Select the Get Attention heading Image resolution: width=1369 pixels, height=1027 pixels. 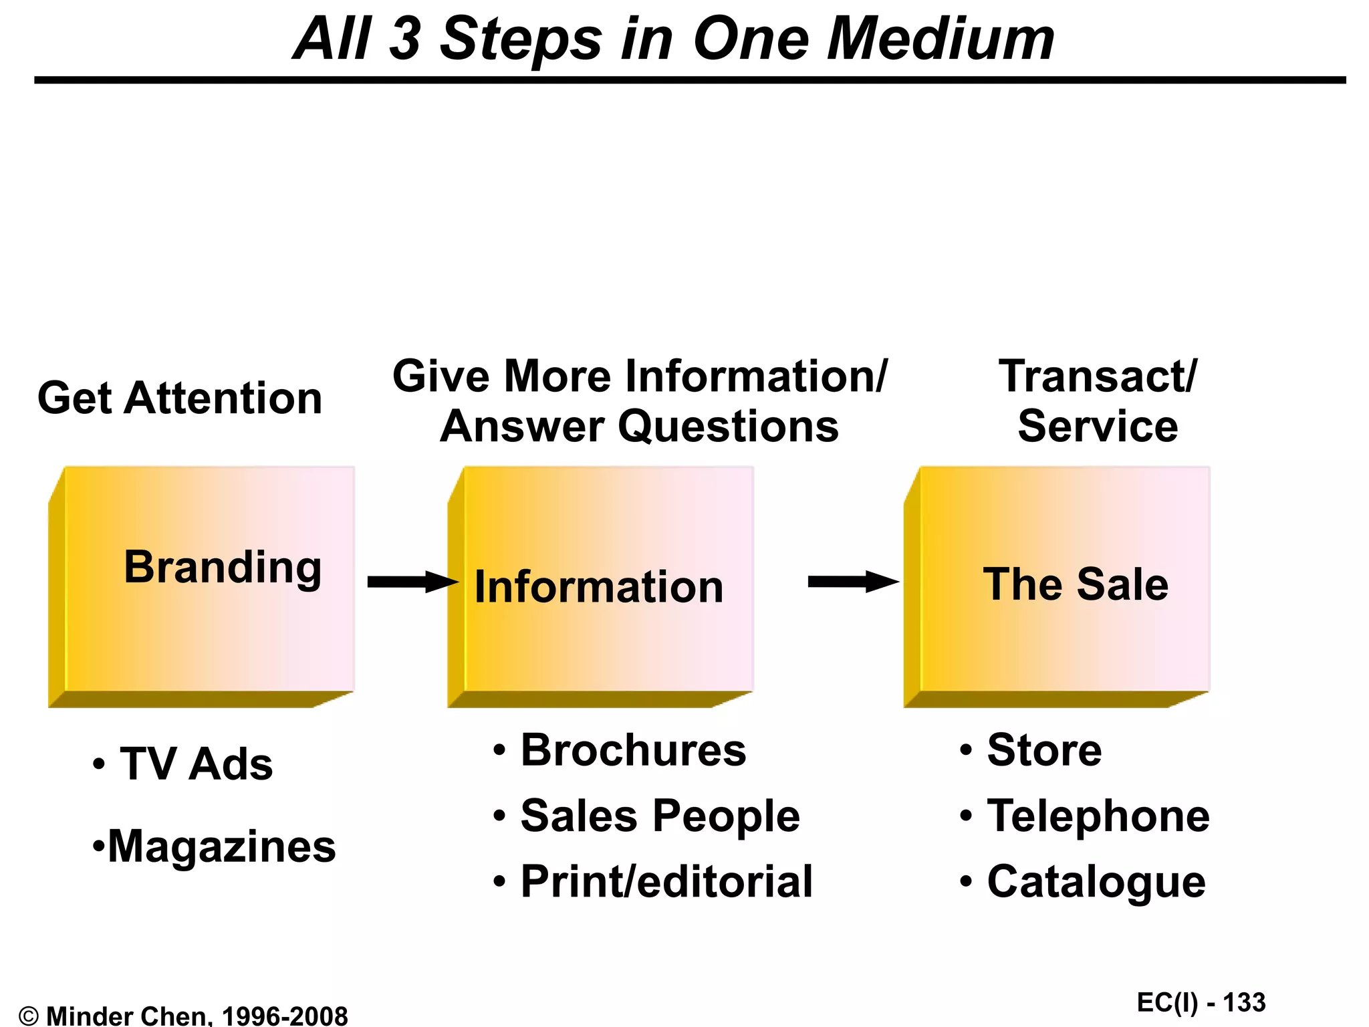[180, 398]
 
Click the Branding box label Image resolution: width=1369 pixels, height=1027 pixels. [223, 567]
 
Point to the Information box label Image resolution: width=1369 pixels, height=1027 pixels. [599, 587]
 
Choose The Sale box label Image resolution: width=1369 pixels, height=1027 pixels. [1076, 584]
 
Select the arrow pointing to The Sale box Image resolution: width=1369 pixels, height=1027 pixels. [853, 582]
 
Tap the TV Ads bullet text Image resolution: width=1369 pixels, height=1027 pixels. [196, 764]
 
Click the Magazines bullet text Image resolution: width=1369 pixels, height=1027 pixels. [221, 846]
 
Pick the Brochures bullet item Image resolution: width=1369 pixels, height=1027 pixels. [633, 750]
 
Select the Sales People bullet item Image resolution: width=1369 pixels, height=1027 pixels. [660, 816]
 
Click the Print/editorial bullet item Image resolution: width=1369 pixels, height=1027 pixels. [666, 881]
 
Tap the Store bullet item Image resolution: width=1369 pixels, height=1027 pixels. [1044, 750]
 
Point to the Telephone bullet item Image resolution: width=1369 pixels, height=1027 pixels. [1098, 816]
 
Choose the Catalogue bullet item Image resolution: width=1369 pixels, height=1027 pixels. [1096, 881]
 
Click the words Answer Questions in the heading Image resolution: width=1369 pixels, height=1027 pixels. [639, 427]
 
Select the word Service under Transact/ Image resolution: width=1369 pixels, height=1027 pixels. [1098, 427]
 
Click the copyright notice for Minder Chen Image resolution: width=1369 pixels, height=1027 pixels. [184, 1016]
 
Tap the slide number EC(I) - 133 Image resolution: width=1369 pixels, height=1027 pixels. [1201, 1003]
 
